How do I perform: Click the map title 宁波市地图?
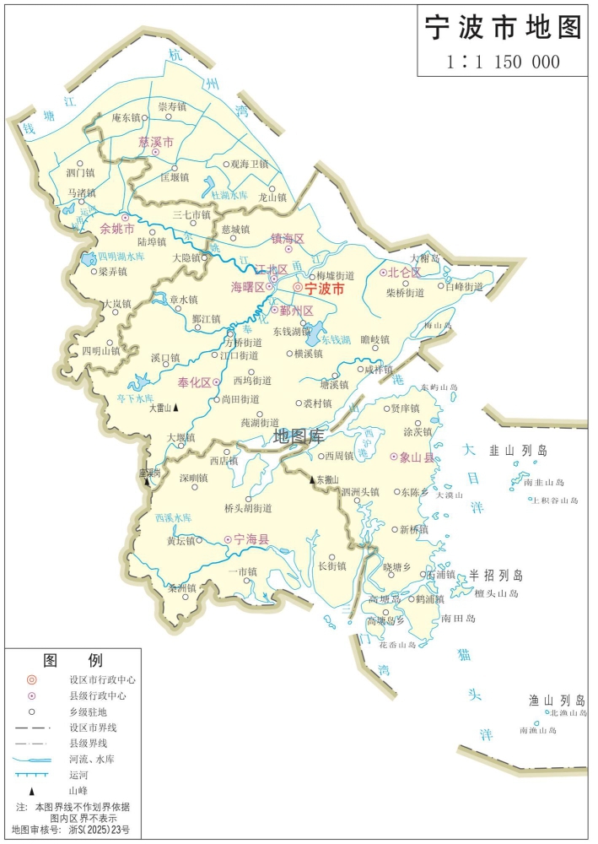pyautogui.click(x=504, y=27)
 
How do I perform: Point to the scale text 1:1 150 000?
pyautogui.click(x=504, y=62)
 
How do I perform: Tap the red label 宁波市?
pyautogui.click(x=325, y=288)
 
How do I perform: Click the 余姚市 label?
pyautogui.click(x=117, y=229)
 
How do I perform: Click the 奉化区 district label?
pyautogui.click(x=194, y=382)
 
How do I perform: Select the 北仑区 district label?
pyautogui.click(x=404, y=273)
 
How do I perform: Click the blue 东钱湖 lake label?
pyautogui.click(x=336, y=339)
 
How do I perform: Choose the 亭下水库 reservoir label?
pyautogui.click(x=135, y=398)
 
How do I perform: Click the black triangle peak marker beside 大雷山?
pyautogui.click(x=176, y=408)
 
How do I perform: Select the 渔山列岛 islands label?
pyautogui.click(x=557, y=700)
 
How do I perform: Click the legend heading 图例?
pyautogui.click(x=73, y=659)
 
